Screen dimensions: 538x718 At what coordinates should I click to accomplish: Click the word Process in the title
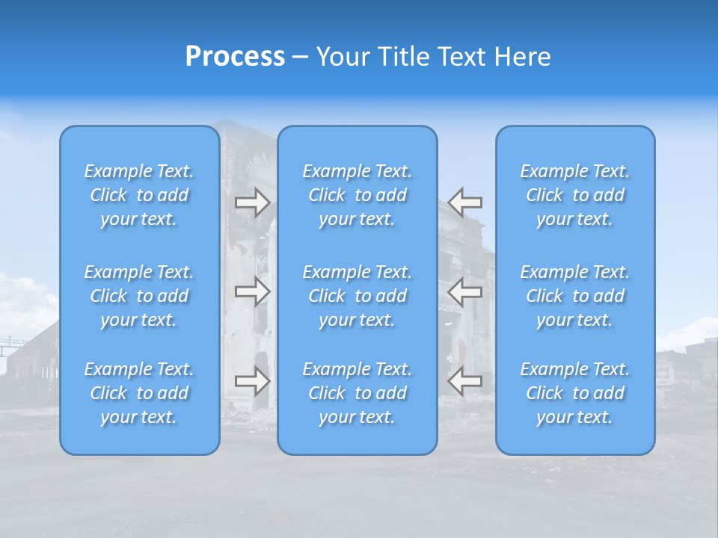pos(235,57)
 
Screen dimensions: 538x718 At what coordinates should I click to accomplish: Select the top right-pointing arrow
pos(253,202)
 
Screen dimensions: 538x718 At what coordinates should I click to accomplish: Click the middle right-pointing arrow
pos(253,291)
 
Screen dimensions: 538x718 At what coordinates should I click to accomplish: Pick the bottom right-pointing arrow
pos(253,381)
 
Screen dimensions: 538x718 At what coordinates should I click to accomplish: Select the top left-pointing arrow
pos(465,202)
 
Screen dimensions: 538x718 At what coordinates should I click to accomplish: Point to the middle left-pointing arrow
pos(465,291)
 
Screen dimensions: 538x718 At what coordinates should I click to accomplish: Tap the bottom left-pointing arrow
pos(465,381)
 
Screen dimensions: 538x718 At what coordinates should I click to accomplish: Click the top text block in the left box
pos(139,195)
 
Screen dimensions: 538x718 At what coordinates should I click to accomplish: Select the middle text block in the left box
pos(139,296)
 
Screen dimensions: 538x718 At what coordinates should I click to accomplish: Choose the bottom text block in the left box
pos(139,393)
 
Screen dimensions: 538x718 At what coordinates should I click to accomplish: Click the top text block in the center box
pos(357,195)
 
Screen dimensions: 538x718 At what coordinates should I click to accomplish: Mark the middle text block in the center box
pos(357,296)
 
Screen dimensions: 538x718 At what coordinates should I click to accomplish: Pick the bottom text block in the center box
pos(357,393)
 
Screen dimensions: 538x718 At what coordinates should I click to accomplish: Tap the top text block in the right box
pos(574,195)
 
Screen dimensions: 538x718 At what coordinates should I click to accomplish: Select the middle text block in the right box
pos(574,296)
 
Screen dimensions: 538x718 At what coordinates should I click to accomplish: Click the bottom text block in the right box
pos(574,393)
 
